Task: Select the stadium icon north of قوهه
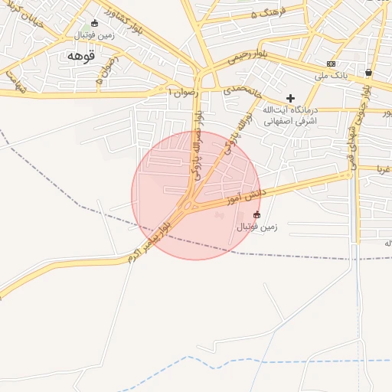[94, 24]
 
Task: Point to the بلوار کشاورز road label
[122, 19]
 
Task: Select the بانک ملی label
[332, 76]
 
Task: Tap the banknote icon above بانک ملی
[331, 64]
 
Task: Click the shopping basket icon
[368, 73]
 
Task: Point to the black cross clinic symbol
[290, 98]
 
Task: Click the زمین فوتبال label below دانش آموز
[256, 227]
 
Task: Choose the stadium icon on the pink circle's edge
[256, 214]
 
